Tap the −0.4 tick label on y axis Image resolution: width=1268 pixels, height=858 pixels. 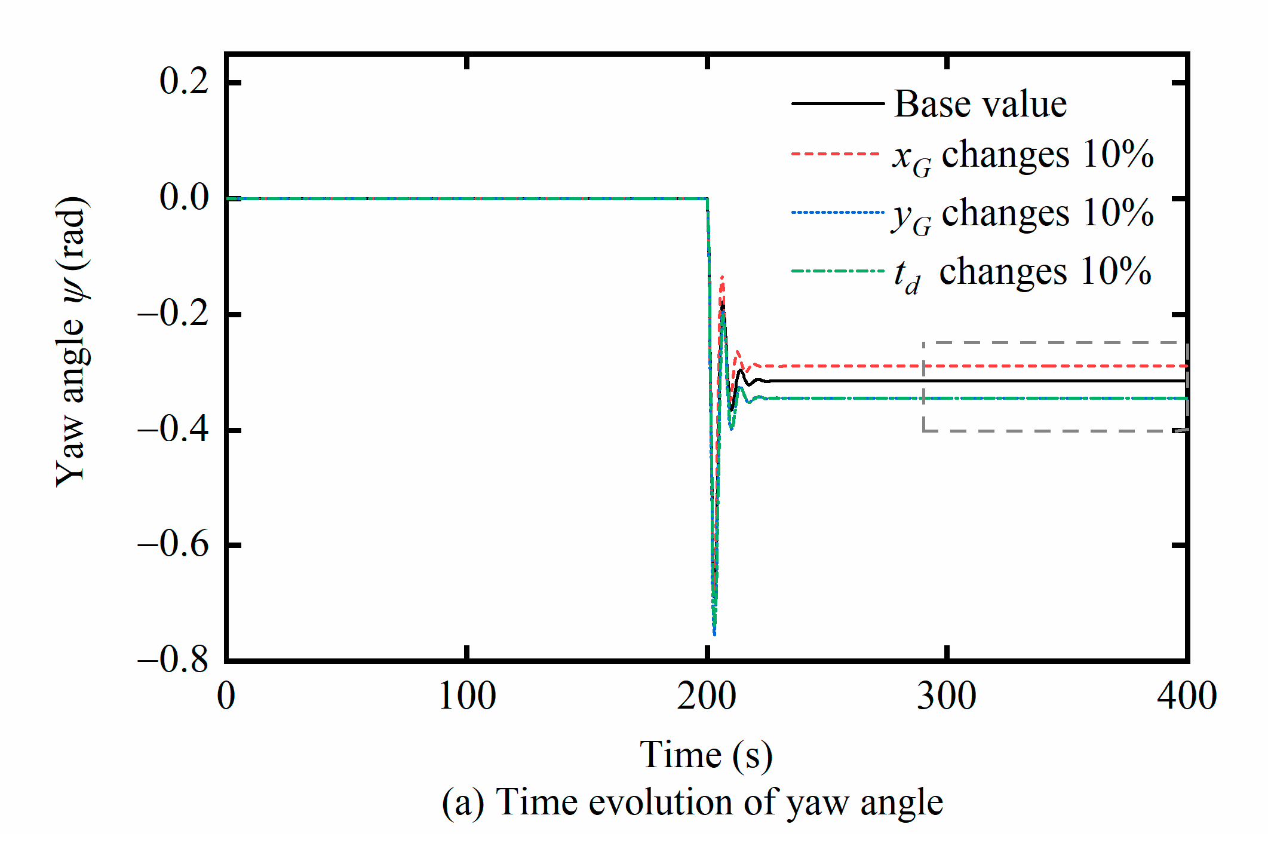click(173, 429)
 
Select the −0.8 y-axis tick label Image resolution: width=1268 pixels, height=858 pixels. click(173, 660)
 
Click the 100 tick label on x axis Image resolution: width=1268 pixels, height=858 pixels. click(466, 697)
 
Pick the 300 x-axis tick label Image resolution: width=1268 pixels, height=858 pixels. click(946, 697)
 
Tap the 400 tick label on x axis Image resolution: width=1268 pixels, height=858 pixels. click(1186, 697)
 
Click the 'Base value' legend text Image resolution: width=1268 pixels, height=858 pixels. click(980, 104)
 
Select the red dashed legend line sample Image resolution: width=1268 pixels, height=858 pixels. click(836, 154)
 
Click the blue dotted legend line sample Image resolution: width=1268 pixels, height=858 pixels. click(836, 212)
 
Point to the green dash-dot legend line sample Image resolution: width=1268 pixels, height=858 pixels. click(836, 271)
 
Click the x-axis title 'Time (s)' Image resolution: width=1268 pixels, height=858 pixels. click(706, 755)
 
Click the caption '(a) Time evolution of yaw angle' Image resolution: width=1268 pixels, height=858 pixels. click(692, 802)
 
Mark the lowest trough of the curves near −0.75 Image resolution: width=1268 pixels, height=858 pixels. click(714, 633)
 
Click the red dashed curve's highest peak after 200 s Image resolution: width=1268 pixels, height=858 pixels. click(721, 277)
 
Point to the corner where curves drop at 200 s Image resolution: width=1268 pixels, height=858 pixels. click(708, 199)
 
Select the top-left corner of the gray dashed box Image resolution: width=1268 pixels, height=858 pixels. click(923, 343)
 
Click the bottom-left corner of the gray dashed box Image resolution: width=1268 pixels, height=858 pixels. click(923, 431)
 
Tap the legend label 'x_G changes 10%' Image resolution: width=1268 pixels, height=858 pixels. click(1023, 155)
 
